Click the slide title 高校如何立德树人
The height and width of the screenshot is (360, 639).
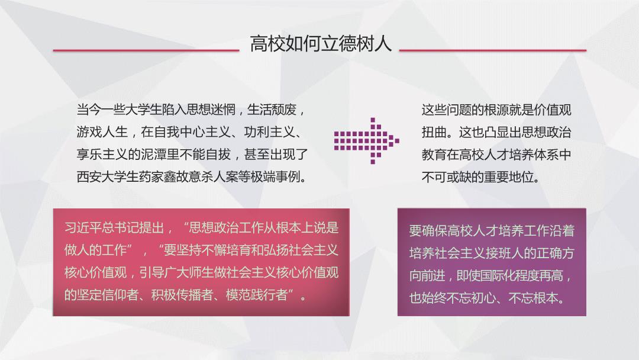(321, 44)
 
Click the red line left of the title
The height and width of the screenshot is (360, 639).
(146, 50)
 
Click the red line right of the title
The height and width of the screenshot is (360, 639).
(493, 50)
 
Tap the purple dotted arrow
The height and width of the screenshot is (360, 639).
(366, 141)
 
